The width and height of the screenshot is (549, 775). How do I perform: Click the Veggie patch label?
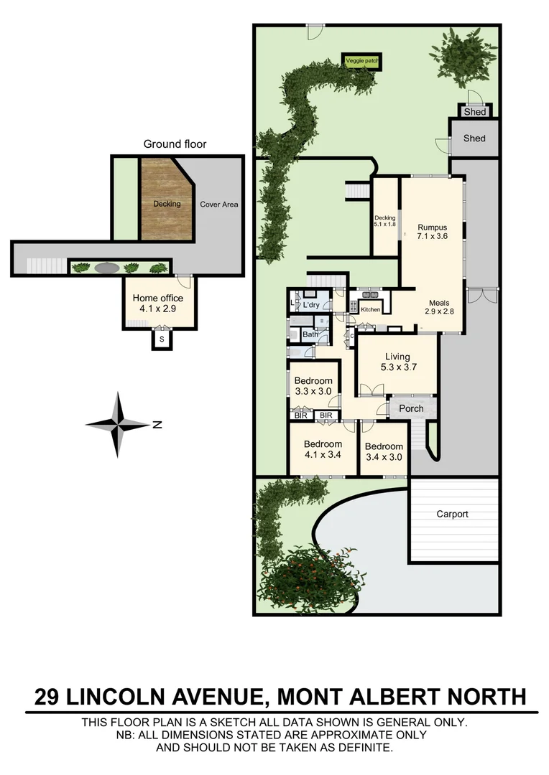click(361, 62)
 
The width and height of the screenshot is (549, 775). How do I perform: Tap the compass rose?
click(119, 424)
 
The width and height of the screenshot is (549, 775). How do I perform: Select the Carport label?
click(453, 514)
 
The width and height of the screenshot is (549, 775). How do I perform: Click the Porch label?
click(411, 408)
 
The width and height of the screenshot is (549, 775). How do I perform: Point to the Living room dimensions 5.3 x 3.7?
click(397, 367)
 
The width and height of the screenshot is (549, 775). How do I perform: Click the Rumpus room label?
click(433, 227)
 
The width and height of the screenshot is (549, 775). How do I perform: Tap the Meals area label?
click(439, 303)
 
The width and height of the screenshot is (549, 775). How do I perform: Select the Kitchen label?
click(370, 310)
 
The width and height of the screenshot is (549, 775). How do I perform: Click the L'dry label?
click(310, 305)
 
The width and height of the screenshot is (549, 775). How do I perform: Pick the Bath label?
click(310, 334)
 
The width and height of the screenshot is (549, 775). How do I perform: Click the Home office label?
click(158, 298)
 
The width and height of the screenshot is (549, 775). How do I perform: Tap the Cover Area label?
click(218, 205)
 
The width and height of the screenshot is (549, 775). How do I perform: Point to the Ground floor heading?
click(175, 144)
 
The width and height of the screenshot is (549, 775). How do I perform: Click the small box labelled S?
click(162, 339)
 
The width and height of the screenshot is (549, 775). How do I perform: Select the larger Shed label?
click(474, 138)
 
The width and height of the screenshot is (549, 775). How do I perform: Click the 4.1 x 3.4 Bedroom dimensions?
click(323, 454)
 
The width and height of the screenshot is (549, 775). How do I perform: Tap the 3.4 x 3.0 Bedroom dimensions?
click(384, 456)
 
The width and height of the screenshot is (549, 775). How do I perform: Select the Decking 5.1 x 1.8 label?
click(385, 220)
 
